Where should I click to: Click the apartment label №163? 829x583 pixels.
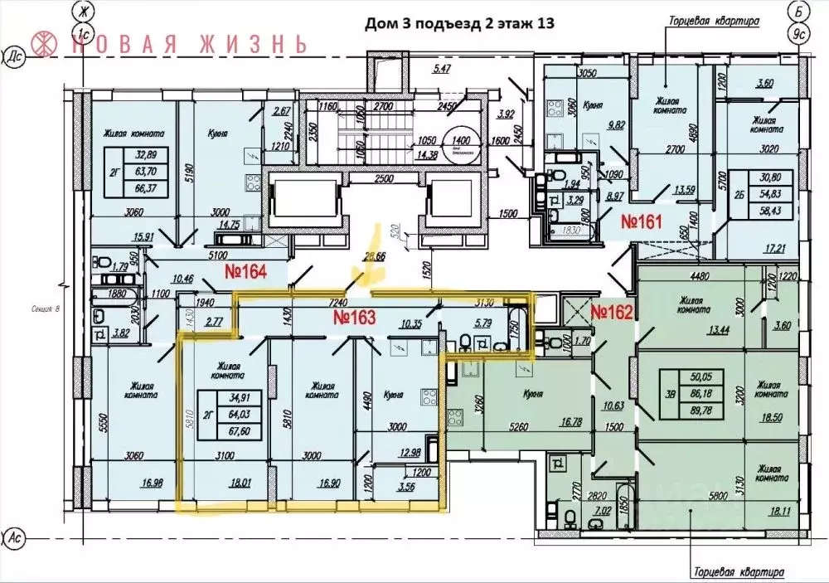[355, 317]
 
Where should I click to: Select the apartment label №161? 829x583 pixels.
[642, 221]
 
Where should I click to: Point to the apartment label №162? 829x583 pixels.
[612, 312]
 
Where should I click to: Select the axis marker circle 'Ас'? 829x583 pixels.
[13, 537]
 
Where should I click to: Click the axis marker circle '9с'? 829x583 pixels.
[798, 34]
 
